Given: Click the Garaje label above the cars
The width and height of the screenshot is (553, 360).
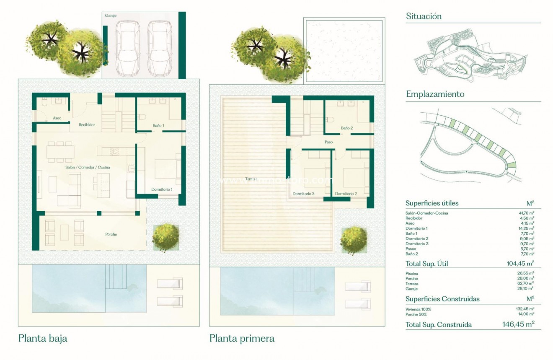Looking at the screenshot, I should coord(111,16).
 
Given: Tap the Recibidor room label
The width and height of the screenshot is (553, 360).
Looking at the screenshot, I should coord(87,124).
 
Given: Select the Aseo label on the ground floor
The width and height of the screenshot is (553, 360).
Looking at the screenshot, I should coord(57,118).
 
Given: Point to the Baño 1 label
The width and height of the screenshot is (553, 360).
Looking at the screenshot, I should coord(158,125).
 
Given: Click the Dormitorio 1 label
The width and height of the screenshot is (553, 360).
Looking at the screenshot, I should coord(162,189).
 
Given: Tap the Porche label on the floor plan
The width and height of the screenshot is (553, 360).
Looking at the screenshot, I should coord(111,234).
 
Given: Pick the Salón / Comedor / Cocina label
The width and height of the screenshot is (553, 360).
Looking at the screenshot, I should coord(88,167).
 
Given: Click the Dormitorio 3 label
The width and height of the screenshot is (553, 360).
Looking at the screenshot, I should coord(304,194).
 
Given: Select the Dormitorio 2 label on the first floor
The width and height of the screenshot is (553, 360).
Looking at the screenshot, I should coord(346,194).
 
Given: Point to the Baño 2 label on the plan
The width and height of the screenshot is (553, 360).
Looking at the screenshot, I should coord(347,128).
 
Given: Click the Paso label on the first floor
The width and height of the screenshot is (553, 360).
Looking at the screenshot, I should coord(329,142).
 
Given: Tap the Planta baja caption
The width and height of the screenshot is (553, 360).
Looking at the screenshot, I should coord(43,338).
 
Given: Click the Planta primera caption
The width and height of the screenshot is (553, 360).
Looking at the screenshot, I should coord(242,338).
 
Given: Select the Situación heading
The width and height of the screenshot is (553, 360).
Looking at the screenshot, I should coord(424,16).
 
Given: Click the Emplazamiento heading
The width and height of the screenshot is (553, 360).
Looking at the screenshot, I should coord(435,94).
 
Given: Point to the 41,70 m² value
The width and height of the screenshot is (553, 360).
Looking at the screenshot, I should coord(527,213).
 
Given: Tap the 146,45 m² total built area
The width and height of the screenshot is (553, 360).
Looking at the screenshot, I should coord(518,324).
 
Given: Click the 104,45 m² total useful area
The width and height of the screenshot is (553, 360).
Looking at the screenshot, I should coord(518,264).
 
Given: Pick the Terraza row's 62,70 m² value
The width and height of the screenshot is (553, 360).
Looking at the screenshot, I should coord(527,283).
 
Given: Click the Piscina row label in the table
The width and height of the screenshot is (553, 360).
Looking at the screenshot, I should coord(412,274).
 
